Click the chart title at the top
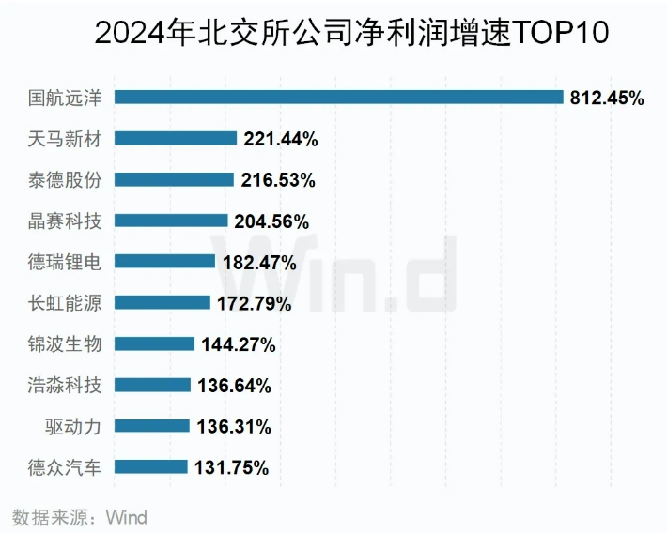point(351,35)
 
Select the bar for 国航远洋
point(338,98)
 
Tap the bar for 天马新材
point(176,139)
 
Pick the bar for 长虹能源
point(163,303)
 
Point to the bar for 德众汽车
point(150,466)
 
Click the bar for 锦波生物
point(154,343)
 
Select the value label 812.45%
point(607,98)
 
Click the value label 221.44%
point(281,139)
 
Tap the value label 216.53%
point(277,179)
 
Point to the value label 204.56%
point(271,221)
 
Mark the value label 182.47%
point(259,262)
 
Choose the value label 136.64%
point(234,385)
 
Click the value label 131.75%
point(231,466)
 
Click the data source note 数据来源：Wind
point(80,517)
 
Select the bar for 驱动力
point(151,426)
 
